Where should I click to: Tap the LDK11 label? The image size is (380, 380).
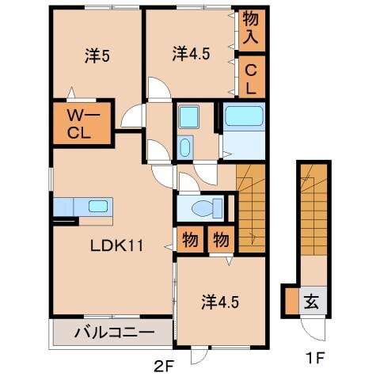click(115, 245)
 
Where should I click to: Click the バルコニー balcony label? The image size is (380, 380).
click(112, 332)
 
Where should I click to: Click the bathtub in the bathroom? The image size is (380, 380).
click(243, 117)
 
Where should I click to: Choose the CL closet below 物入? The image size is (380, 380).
click(251, 77)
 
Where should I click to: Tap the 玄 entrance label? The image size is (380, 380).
click(312, 302)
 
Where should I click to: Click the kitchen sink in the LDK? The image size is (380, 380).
click(98, 207)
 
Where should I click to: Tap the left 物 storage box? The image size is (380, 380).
click(191, 239)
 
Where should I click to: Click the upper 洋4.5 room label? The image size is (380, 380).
click(190, 54)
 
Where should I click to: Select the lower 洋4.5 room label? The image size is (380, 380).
click(218, 302)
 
